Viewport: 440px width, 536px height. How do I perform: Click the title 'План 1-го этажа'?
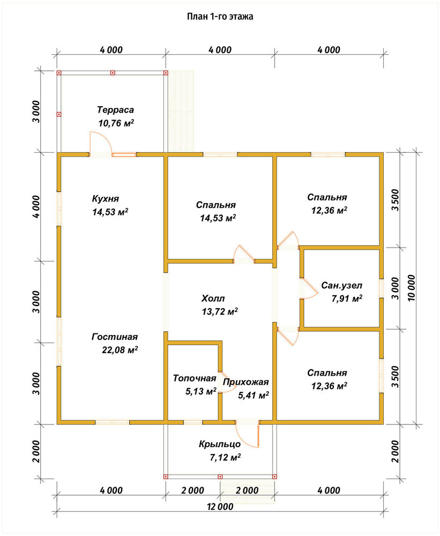pyautogui.click(x=220, y=17)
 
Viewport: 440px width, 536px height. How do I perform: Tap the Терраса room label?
pyautogui.click(x=116, y=110)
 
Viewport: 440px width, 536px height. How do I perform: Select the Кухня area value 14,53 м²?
pyautogui.click(x=110, y=212)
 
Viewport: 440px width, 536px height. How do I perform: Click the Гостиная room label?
pyautogui.click(x=115, y=337)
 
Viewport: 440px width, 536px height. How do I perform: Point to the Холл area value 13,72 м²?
pyautogui.click(x=220, y=311)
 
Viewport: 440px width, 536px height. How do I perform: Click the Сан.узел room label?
pyautogui.click(x=342, y=285)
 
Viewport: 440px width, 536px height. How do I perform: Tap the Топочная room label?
pyautogui.click(x=195, y=378)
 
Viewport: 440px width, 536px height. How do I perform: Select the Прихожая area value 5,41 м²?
pyautogui.click(x=253, y=396)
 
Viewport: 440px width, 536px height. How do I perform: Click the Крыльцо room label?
pyautogui.click(x=220, y=444)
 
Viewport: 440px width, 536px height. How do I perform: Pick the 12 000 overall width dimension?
pyautogui.click(x=220, y=507)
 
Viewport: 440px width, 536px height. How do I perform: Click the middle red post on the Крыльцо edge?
pyautogui.click(x=220, y=476)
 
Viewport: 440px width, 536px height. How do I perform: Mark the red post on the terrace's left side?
pyautogui.click(x=59, y=115)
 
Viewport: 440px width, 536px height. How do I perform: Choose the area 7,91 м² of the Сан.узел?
pyautogui.click(x=347, y=299)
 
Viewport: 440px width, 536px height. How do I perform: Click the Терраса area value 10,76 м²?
pyautogui.click(x=116, y=123)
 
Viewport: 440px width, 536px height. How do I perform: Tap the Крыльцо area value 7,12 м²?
pyautogui.click(x=225, y=457)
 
